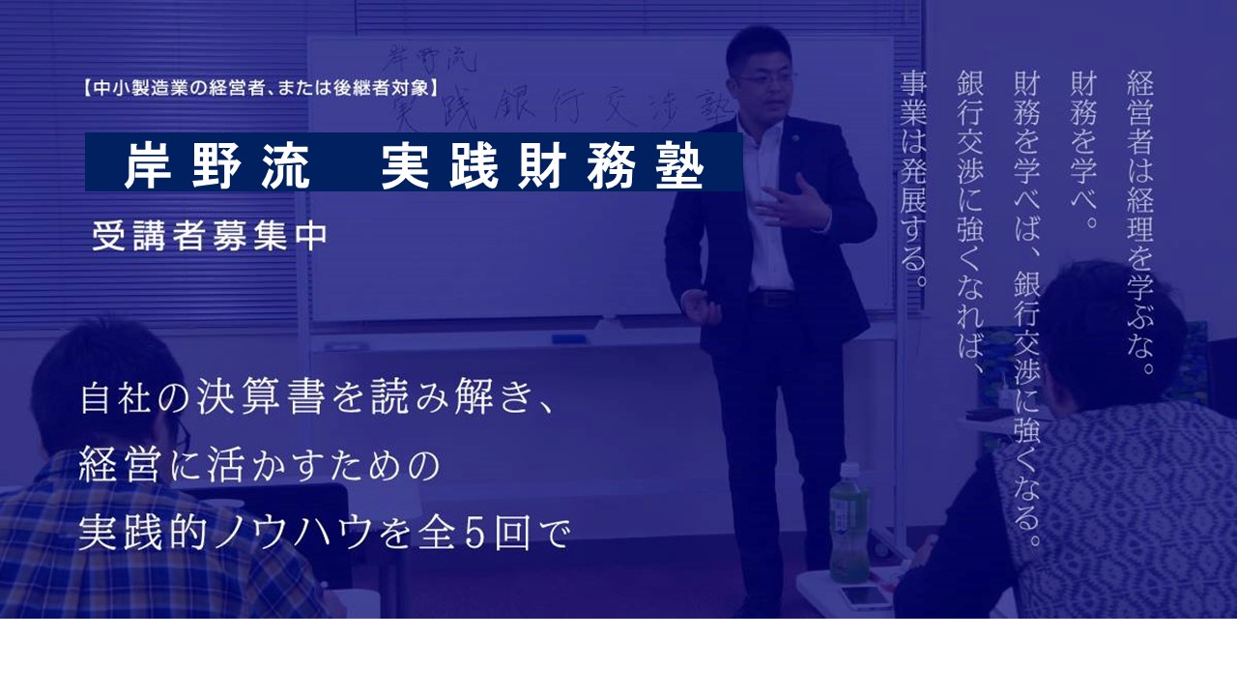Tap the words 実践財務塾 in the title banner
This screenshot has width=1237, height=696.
[x=543, y=165]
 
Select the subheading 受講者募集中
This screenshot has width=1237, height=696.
[x=210, y=237]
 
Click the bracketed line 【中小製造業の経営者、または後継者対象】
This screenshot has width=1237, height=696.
[x=261, y=88]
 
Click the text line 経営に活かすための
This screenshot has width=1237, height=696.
[x=260, y=465]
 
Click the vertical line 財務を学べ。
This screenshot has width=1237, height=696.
[x=1083, y=149]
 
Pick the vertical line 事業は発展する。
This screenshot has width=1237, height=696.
[x=913, y=179]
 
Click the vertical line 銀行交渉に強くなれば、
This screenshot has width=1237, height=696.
[x=971, y=222]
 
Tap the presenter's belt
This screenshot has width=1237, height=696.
[x=772, y=299]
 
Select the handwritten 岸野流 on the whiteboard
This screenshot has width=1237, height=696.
[x=428, y=59]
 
